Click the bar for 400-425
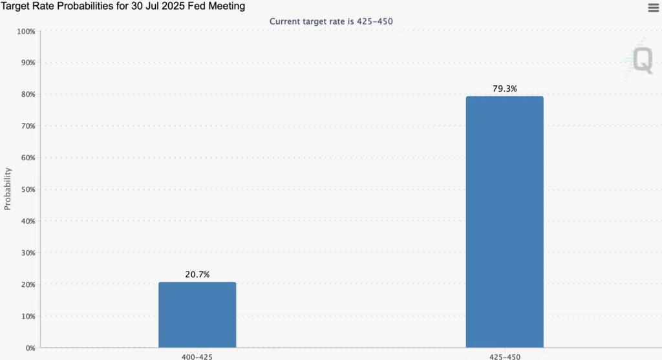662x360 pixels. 197,315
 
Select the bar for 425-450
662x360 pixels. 504,222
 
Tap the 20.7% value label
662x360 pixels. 197,275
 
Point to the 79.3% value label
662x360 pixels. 504,89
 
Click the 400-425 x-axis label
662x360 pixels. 197,356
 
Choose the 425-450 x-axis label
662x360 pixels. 504,356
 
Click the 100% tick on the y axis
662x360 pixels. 26,32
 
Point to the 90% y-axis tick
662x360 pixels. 27,63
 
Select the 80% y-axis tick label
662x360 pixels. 27,94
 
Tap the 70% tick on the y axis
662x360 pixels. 27,126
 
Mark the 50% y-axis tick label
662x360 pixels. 27,189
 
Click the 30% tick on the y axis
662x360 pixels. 27,253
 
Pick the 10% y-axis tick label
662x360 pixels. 27,316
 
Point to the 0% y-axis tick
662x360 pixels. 30,348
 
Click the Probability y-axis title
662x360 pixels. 8,189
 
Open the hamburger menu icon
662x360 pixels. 653,8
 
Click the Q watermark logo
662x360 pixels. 642,60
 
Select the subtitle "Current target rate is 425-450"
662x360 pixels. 331,21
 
